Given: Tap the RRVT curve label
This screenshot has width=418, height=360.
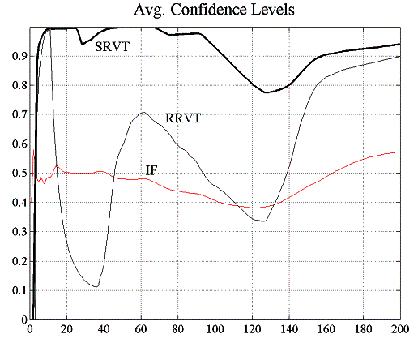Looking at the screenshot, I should pyautogui.click(x=183, y=118).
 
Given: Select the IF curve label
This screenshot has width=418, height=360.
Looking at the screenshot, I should pyautogui.click(x=151, y=169).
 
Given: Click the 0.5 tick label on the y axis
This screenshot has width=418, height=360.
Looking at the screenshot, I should pyautogui.click(x=15, y=173).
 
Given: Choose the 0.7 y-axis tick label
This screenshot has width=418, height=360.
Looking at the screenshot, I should pyautogui.click(x=15, y=114).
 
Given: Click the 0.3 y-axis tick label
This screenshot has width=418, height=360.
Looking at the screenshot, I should pyautogui.click(x=15, y=232).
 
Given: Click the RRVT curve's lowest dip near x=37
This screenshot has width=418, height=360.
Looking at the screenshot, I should pyautogui.click(x=96, y=287).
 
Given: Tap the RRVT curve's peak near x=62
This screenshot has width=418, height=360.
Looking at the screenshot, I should pyautogui.click(x=143, y=113).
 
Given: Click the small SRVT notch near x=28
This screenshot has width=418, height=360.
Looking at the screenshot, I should pyautogui.click(x=81, y=44).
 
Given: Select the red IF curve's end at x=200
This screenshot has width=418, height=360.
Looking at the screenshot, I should pyautogui.click(x=399, y=152).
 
